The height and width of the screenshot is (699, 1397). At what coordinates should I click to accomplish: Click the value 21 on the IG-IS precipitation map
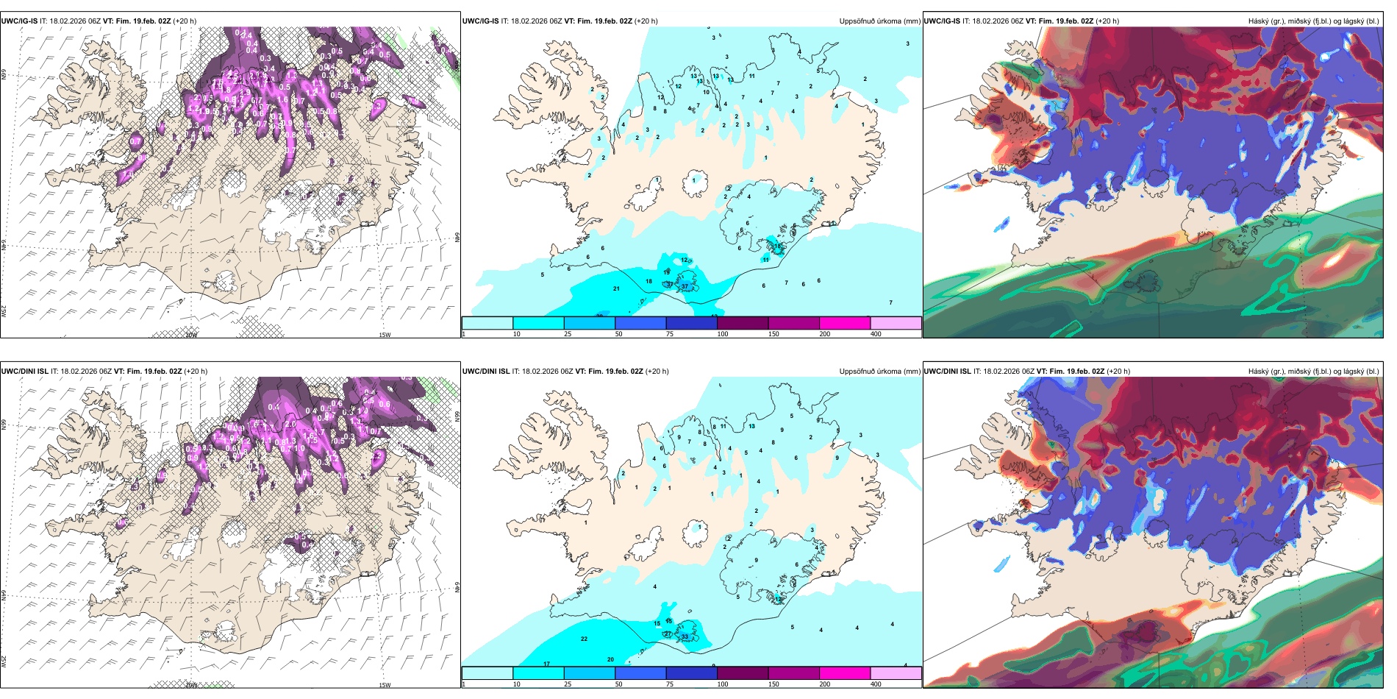(x=616, y=288)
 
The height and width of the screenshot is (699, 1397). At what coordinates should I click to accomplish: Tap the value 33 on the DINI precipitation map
(x=685, y=636)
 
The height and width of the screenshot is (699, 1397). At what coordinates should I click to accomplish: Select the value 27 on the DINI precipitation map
(x=668, y=634)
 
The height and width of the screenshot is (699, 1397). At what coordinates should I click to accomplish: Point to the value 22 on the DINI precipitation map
(x=585, y=639)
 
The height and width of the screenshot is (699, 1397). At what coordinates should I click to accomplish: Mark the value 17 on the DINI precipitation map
(x=546, y=664)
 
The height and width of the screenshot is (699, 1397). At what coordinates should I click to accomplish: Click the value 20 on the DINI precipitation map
(x=610, y=659)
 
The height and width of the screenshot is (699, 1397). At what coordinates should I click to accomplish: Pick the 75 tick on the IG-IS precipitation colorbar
(x=670, y=334)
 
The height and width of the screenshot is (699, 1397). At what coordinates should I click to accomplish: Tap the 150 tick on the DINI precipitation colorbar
(x=773, y=684)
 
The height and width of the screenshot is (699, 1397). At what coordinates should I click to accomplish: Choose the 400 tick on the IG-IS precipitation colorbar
(x=876, y=334)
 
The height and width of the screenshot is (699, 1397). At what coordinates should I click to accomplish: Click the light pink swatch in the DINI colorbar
(x=896, y=673)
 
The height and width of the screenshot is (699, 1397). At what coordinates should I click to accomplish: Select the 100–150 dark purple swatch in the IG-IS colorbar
(x=742, y=322)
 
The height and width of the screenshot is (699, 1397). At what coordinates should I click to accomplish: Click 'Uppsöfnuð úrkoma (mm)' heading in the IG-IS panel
(x=879, y=21)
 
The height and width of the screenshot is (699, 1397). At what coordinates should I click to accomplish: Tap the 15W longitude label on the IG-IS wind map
(x=385, y=335)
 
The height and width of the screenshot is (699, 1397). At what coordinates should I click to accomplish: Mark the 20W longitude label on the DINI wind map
(x=191, y=685)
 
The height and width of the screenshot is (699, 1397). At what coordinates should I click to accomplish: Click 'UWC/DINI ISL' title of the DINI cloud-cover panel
(x=947, y=372)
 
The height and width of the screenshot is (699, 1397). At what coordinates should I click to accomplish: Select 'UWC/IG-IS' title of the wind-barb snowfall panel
(x=19, y=21)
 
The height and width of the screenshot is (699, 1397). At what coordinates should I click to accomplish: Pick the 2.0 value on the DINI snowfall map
(x=290, y=424)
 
